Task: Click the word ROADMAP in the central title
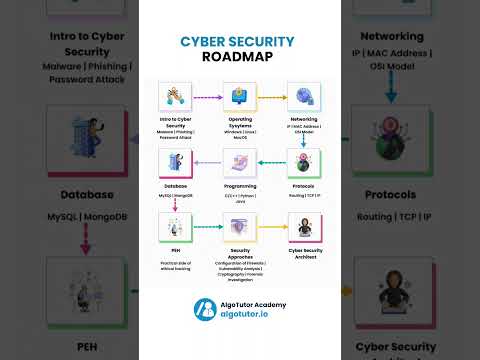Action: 237,58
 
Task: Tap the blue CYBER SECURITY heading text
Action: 237,41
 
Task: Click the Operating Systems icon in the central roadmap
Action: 238,97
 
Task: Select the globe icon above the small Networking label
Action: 303,97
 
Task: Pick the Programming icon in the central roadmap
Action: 238,162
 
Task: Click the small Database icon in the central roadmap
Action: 174,163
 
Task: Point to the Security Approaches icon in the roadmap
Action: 238,231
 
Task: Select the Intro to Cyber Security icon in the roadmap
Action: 174,97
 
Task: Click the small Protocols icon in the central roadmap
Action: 303,163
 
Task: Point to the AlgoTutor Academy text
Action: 254,303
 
